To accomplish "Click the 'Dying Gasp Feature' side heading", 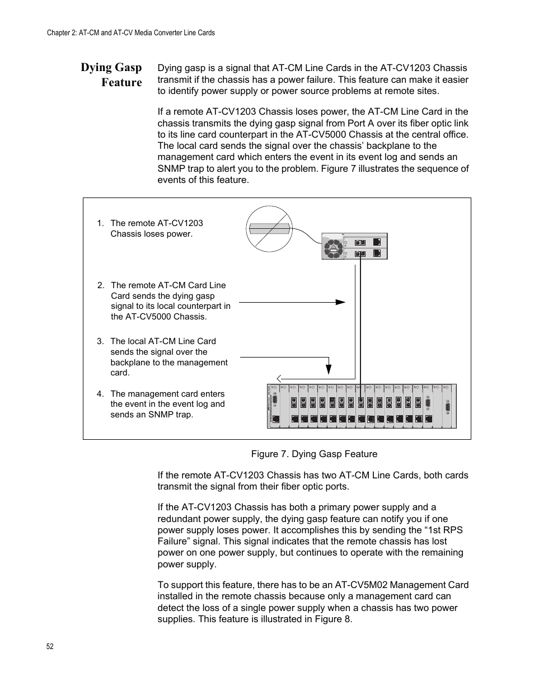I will tap(111, 75).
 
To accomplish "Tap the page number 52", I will tap(50, 646).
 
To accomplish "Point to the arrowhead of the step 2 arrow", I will tap(341, 302).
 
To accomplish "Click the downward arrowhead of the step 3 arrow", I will tap(329, 369).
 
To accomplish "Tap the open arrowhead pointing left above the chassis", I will tap(280, 379).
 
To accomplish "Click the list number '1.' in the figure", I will tap(100, 223).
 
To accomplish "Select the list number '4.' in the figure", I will tap(100, 394).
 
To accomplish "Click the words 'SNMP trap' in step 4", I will tap(168, 415).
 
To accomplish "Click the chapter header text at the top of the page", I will tap(130, 33).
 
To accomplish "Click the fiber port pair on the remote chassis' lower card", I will tap(360, 253).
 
